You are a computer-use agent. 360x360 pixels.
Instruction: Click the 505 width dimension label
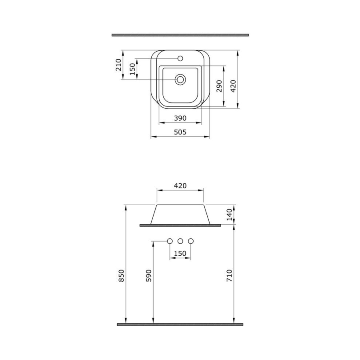(180, 132)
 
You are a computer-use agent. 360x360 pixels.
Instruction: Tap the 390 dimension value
(180, 118)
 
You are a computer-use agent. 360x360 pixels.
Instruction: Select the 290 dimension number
(220, 86)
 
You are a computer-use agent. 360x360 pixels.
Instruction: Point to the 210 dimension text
(118, 65)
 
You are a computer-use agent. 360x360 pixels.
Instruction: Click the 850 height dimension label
(122, 276)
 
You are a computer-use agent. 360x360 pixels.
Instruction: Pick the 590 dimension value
(149, 276)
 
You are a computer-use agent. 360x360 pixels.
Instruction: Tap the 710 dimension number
(229, 276)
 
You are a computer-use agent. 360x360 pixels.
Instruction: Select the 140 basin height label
(229, 215)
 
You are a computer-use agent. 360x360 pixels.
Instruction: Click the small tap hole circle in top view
(180, 58)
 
